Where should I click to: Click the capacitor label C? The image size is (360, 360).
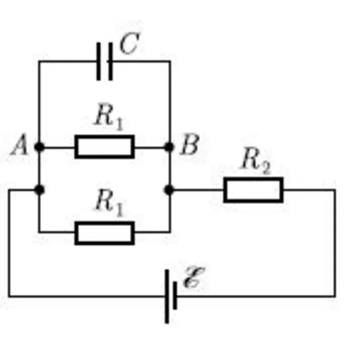[129, 44]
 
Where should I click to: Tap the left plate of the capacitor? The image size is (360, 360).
[98, 61]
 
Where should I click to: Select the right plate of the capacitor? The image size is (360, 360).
[110, 61]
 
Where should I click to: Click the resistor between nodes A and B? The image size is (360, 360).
[105, 147]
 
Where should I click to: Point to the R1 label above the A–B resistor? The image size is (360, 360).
[109, 116]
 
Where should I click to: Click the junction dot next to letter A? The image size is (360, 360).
[39, 147]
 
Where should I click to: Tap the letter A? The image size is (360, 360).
[20, 145]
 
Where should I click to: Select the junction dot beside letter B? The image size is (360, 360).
[169, 147]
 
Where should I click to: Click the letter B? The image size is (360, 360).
[190, 145]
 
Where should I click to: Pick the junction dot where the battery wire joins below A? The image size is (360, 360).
[39, 190]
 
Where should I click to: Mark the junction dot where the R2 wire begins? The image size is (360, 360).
[169, 190]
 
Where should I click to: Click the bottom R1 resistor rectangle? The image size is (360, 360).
[105, 233]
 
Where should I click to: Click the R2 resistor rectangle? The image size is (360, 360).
[253, 190]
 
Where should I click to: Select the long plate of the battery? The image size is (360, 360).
[167, 296]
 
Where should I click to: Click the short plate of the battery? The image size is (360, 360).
[175, 295]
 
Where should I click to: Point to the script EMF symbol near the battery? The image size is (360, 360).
[194, 277]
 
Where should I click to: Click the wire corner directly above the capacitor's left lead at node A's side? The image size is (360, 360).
[39, 61]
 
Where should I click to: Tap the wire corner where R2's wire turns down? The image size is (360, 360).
[335, 190]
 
